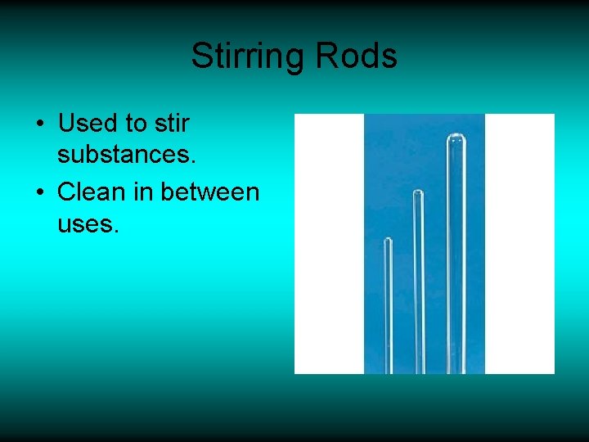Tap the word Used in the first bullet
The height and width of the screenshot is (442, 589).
click(88, 124)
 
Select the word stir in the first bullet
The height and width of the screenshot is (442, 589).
click(171, 124)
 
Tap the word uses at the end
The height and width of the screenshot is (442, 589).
click(88, 223)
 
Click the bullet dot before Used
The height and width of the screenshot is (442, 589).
click(39, 125)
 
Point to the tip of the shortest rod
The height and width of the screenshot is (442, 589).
click(388, 242)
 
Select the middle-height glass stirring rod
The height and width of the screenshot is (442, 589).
click(418, 286)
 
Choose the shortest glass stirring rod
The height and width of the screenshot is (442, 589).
click(389, 311)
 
